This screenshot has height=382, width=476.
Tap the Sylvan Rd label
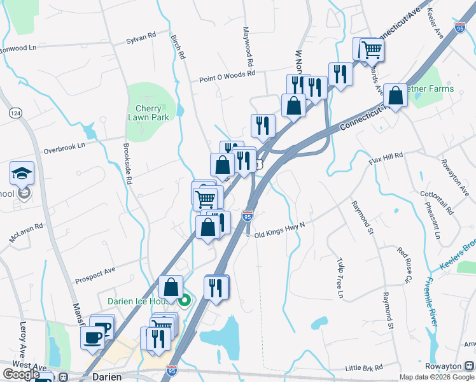(141, 38)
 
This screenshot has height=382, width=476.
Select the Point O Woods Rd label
(227, 76)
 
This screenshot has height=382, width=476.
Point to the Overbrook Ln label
(64, 148)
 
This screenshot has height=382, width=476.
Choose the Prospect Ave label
(95, 274)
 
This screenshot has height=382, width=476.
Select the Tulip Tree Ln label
(339, 278)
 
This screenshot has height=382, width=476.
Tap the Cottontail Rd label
(435, 202)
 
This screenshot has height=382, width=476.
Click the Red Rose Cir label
(403, 265)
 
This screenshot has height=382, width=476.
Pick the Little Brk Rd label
(364, 368)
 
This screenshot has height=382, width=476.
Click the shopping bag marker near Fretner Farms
(395, 95)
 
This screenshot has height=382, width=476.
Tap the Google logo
(21, 374)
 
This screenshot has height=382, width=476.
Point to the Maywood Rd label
(249, 47)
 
